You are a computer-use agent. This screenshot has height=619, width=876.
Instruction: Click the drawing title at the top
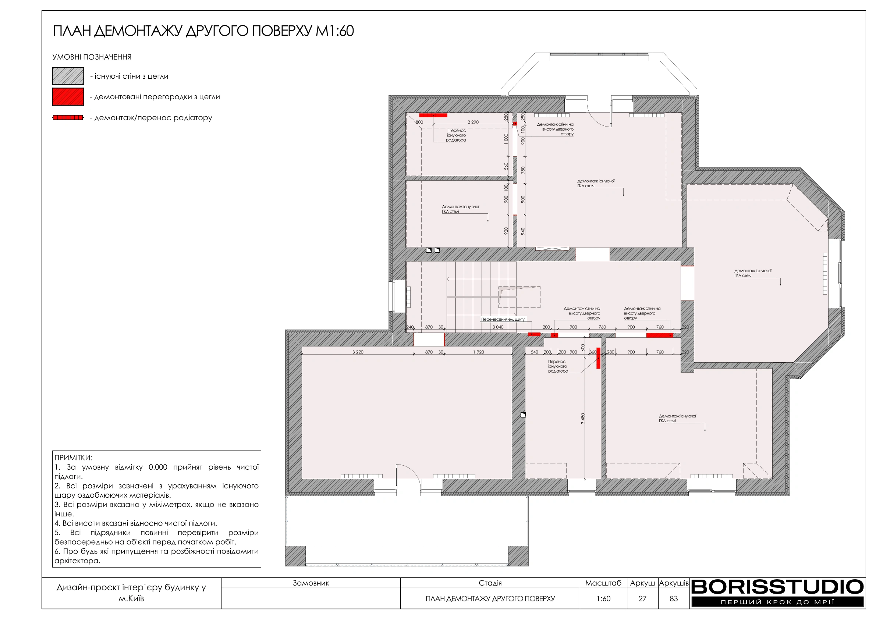(203, 31)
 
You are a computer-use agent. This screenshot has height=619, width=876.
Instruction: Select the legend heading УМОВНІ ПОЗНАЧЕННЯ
(92, 57)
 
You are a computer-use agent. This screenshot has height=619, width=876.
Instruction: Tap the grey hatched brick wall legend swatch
(68, 76)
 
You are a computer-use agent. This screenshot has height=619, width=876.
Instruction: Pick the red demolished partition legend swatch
(68, 96)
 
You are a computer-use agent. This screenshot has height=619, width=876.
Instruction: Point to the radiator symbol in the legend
(68, 117)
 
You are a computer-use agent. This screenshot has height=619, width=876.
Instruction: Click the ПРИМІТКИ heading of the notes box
(73, 458)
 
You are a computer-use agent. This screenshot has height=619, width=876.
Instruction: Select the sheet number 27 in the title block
(642, 598)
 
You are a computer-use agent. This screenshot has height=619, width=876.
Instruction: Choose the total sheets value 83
(674, 598)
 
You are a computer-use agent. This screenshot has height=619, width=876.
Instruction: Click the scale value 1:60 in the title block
(604, 598)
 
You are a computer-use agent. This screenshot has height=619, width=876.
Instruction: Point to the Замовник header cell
(311, 583)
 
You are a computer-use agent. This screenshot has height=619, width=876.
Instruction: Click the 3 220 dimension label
(358, 352)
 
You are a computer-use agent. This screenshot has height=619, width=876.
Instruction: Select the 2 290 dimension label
(473, 122)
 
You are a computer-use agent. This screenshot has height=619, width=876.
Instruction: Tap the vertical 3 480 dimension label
(583, 419)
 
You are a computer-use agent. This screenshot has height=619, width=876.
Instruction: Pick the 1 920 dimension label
(478, 352)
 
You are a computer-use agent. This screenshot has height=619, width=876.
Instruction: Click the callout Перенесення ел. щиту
(503, 319)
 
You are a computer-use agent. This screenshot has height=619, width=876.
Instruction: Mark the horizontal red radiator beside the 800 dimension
(433, 115)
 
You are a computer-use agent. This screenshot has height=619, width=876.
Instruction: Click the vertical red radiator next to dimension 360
(598, 358)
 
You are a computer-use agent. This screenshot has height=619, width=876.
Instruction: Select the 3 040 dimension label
(498, 327)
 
